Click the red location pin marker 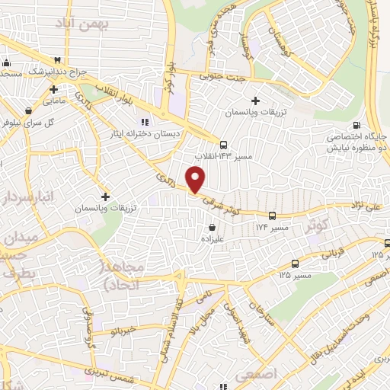point(197,179)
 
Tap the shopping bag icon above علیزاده point(212,226)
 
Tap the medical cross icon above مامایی point(53,89)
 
